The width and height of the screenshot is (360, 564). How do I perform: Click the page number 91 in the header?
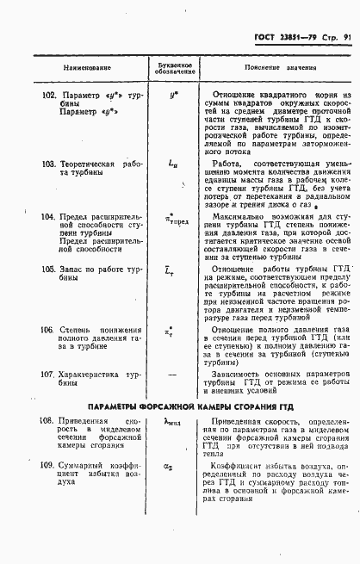[x=347, y=37]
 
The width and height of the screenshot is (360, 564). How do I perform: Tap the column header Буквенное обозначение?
[x=172, y=67]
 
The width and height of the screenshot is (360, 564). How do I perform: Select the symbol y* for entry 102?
[x=174, y=95]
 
